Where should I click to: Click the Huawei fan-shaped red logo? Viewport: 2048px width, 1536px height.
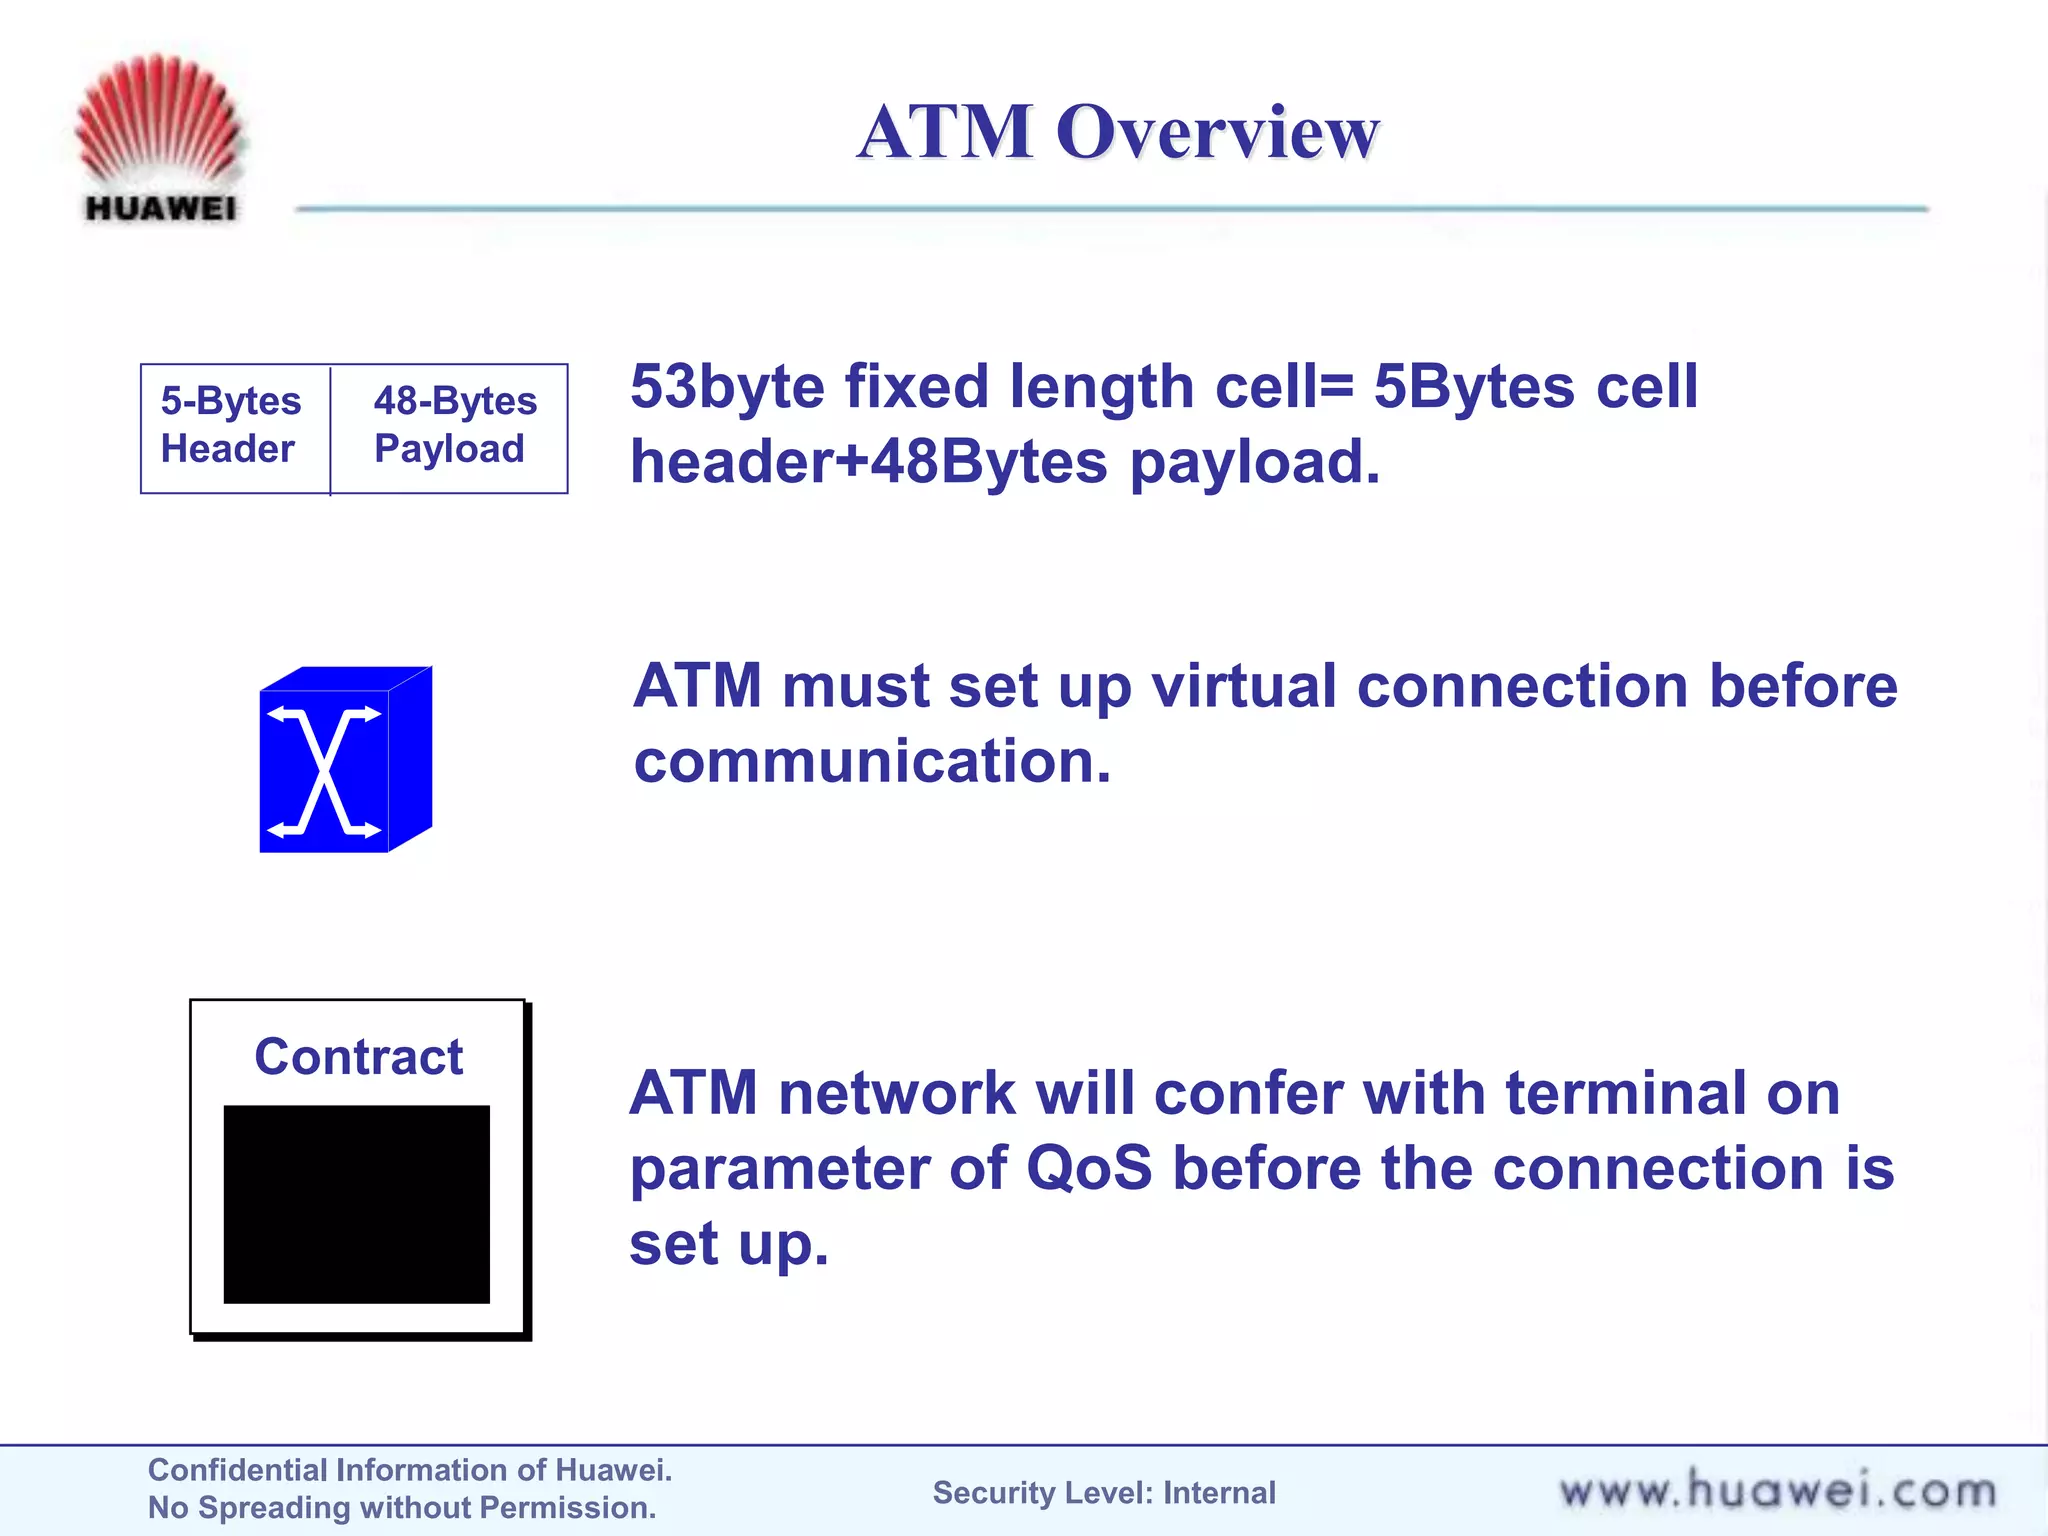[159, 118]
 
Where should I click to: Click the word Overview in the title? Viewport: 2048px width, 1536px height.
[1217, 132]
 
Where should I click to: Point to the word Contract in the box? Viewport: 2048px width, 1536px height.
[358, 1057]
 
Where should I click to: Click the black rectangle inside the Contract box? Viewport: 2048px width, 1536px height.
[356, 1204]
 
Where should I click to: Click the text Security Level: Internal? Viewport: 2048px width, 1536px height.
[1104, 1493]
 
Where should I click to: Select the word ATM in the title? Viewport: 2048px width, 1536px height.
[944, 132]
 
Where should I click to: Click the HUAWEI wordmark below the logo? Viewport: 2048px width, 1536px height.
[161, 208]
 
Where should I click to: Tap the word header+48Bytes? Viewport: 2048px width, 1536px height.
[868, 463]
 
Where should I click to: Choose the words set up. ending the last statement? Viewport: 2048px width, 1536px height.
[729, 1245]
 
